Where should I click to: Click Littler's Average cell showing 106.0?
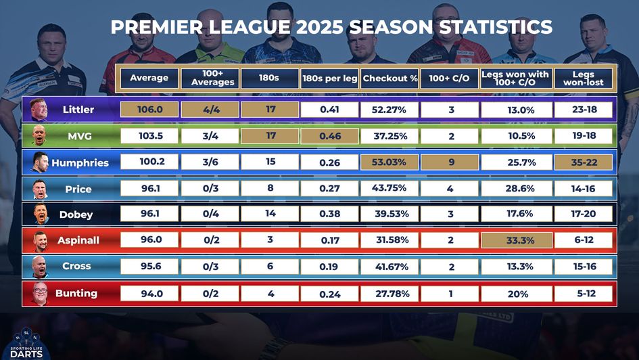point(149,110)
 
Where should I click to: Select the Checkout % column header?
point(390,78)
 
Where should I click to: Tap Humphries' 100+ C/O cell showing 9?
point(450,162)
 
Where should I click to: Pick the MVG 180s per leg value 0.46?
point(329,136)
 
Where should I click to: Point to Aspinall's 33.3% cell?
point(517,240)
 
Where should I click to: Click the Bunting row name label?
point(76,294)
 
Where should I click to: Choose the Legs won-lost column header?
point(583,78)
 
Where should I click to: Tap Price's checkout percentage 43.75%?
point(390,188)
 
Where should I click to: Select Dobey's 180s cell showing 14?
point(270,214)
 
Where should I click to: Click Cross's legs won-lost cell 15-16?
point(583,267)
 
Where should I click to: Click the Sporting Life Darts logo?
point(28,344)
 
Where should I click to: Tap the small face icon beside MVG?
point(39,136)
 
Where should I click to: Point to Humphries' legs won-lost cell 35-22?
point(583,162)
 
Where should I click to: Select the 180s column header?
point(270,78)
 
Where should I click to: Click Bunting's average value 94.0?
point(149,294)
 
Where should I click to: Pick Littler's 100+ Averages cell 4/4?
point(210,110)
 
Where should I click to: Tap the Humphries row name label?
point(80,163)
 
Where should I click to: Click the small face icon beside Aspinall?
point(39,241)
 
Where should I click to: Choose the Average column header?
point(149,78)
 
